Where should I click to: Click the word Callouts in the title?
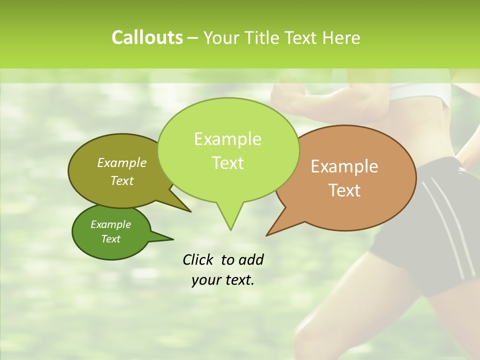tap(147, 37)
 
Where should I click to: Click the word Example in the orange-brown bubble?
tap(344, 166)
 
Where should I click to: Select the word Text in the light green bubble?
tap(228, 163)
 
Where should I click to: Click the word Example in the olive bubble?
tap(122, 163)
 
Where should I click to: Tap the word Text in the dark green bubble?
tap(110, 239)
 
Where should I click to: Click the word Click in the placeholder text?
tap(199, 259)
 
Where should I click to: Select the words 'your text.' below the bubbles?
tap(223, 280)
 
